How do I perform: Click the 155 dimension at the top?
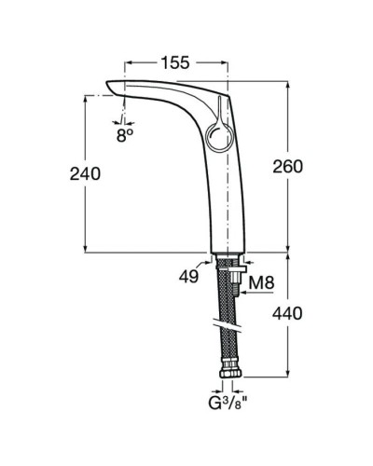point(174,62)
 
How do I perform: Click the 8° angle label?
point(126,133)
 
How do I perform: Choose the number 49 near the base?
point(188,276)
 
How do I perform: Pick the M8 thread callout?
point(261,283)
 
